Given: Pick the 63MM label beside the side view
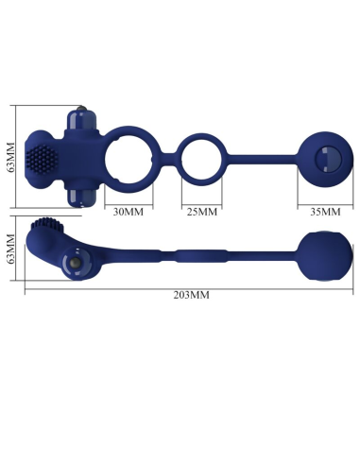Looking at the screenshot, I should click(x=10, y=250).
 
